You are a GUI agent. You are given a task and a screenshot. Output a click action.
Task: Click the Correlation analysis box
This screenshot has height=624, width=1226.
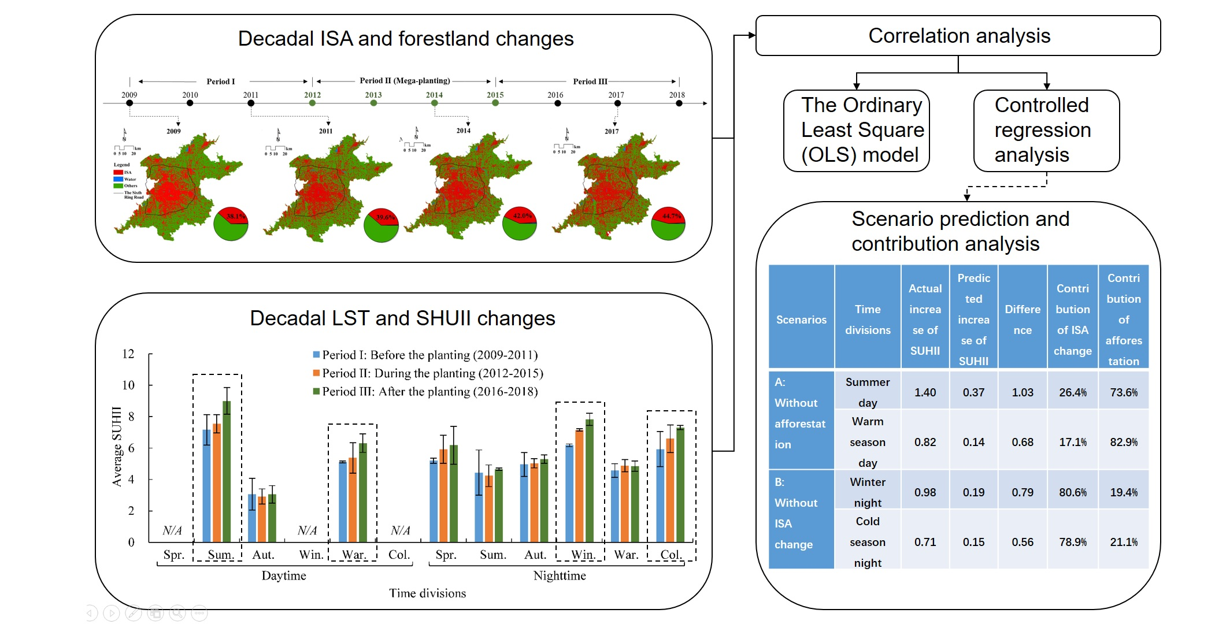click(958, 36)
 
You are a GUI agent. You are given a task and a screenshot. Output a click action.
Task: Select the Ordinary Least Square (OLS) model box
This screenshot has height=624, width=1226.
click(856, 131)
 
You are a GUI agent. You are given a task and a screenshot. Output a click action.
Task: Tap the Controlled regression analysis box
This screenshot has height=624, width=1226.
click(1046, 131)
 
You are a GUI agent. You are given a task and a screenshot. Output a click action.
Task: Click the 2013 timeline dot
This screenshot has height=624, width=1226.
click(373, 103)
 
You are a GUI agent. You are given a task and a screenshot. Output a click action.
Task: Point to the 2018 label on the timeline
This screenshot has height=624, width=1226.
click(677, 95)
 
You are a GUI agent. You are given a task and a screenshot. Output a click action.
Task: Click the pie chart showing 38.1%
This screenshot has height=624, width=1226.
click(231, 224)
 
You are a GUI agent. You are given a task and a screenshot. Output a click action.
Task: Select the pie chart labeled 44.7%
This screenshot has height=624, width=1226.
click(668, 224)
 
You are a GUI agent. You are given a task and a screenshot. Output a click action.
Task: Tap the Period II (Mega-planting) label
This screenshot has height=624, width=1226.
click(405, 81)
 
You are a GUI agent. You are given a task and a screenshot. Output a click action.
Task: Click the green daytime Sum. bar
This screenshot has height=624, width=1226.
click(227, 471)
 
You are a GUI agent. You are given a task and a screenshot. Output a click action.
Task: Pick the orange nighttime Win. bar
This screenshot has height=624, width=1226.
click(579, 485)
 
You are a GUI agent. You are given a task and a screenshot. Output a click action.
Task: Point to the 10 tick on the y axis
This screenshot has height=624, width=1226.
click(128, 385)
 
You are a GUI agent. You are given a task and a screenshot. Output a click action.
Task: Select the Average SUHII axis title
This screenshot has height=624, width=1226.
click(117, 446)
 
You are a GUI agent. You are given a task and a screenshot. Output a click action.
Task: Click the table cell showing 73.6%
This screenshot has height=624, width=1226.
click(1123, 392)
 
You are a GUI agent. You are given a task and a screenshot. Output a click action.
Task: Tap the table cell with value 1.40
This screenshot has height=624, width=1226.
click(925, 392)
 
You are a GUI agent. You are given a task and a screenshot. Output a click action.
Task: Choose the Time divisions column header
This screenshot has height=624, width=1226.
click(868, 320)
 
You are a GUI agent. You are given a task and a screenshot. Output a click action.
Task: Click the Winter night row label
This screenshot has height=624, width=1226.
click(867, 492)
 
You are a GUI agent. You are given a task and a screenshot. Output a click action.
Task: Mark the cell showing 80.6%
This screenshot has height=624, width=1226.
click(1072, 492)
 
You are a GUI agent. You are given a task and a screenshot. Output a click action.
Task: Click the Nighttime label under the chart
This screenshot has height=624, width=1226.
click(559, 575)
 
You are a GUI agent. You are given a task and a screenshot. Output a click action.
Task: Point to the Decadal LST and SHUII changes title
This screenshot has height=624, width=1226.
click(402, 318)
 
